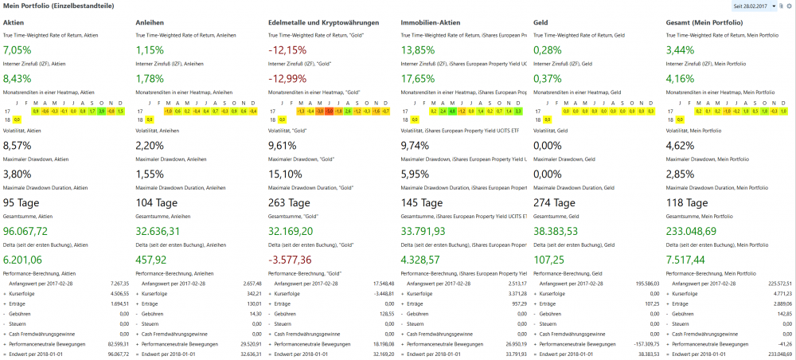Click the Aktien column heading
[14, 22]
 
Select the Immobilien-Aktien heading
[430, 22]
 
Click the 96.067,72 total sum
[32, 231]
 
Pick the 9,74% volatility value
[419, 145]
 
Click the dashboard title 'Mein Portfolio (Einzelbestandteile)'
[57, 6]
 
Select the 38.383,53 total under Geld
[561, 231]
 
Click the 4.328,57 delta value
[427, 260]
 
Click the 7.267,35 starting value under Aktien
[118, 283]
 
